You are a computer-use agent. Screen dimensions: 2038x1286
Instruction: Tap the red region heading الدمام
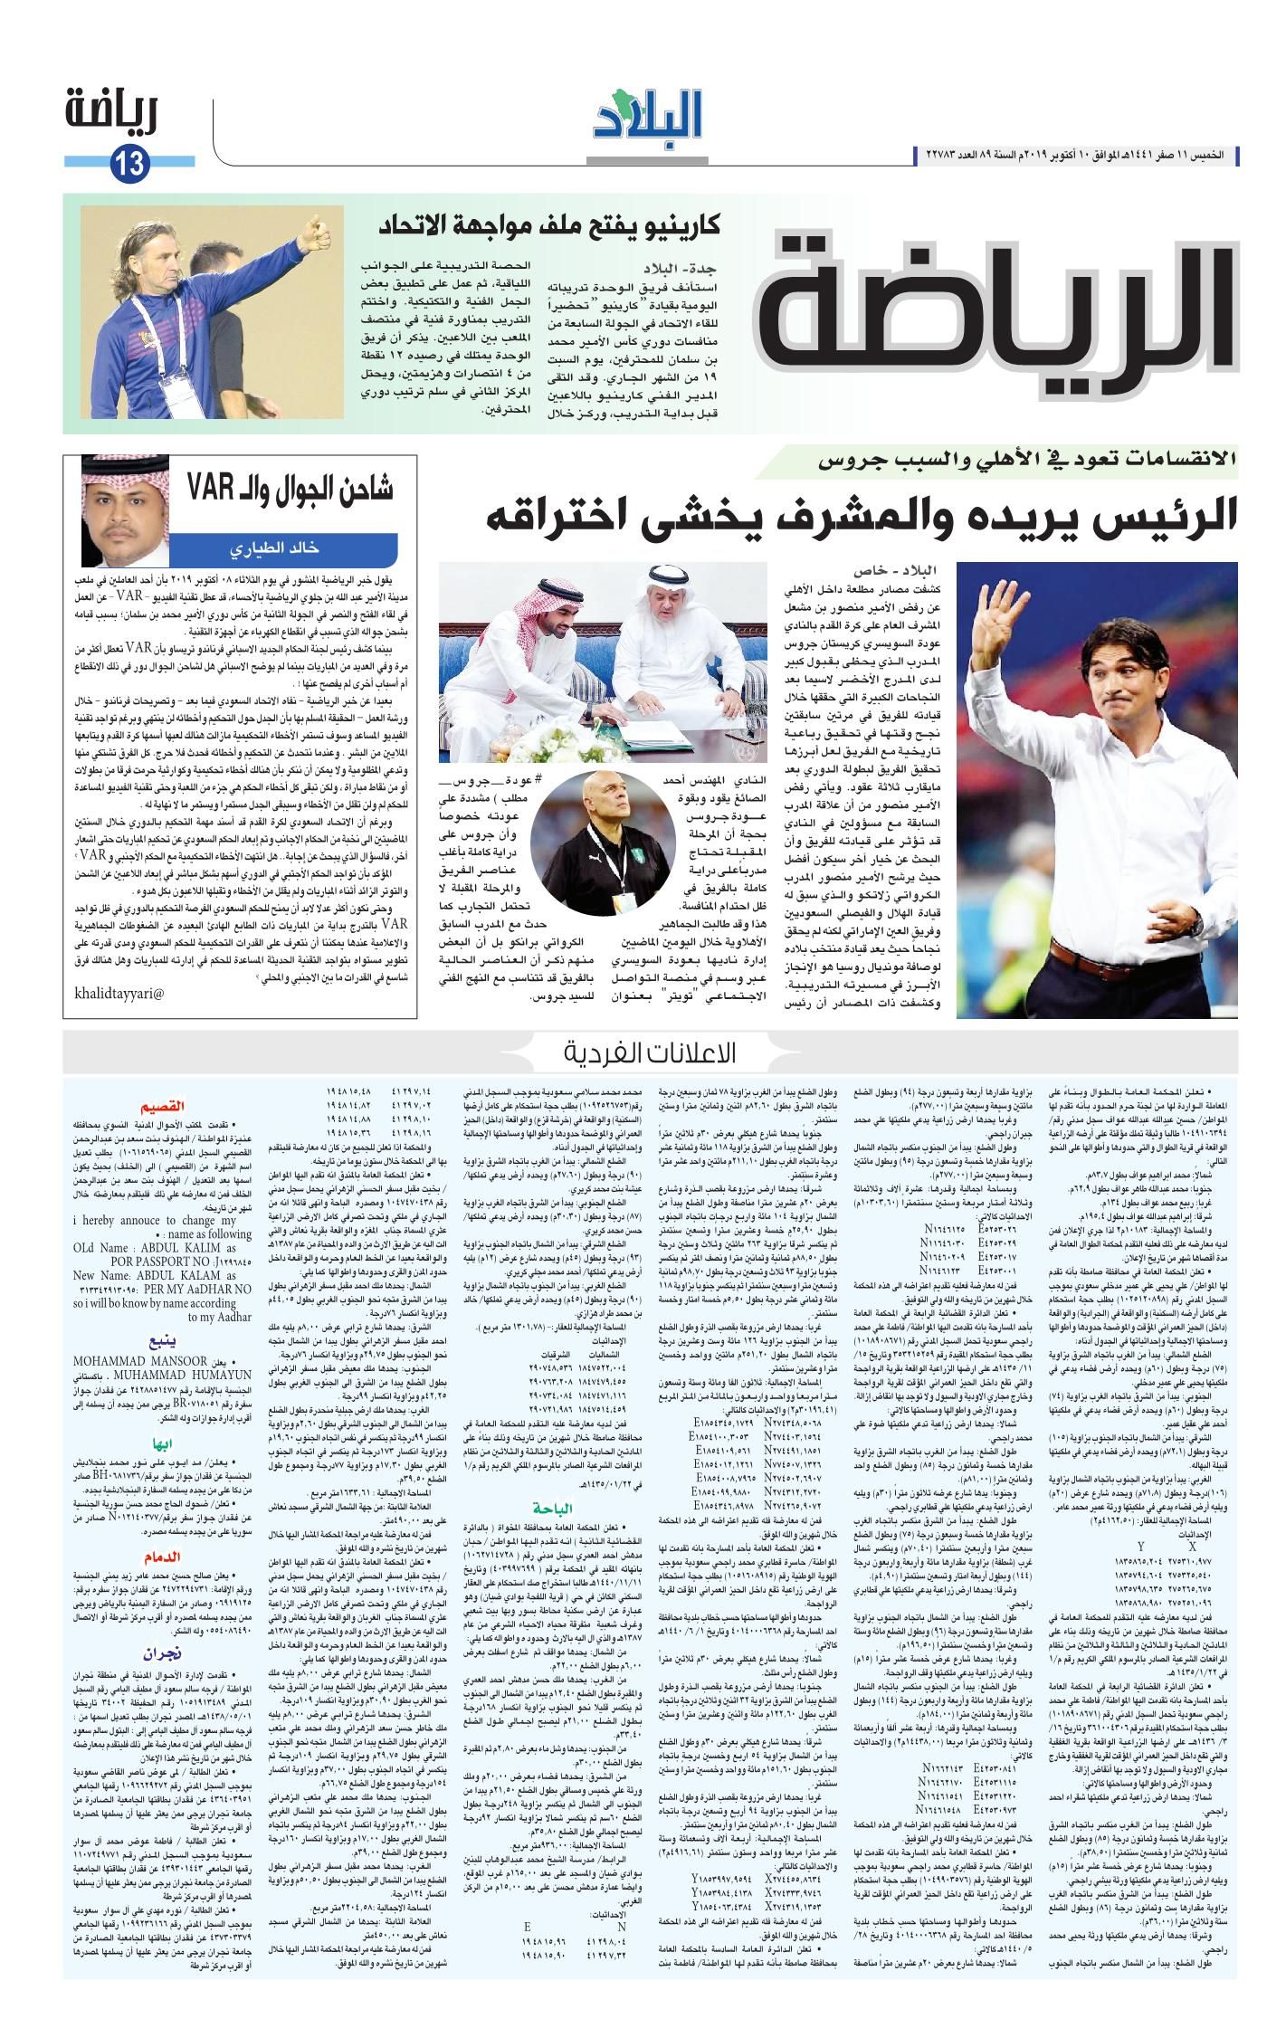pyautogui.click(x=162, y=1557)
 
